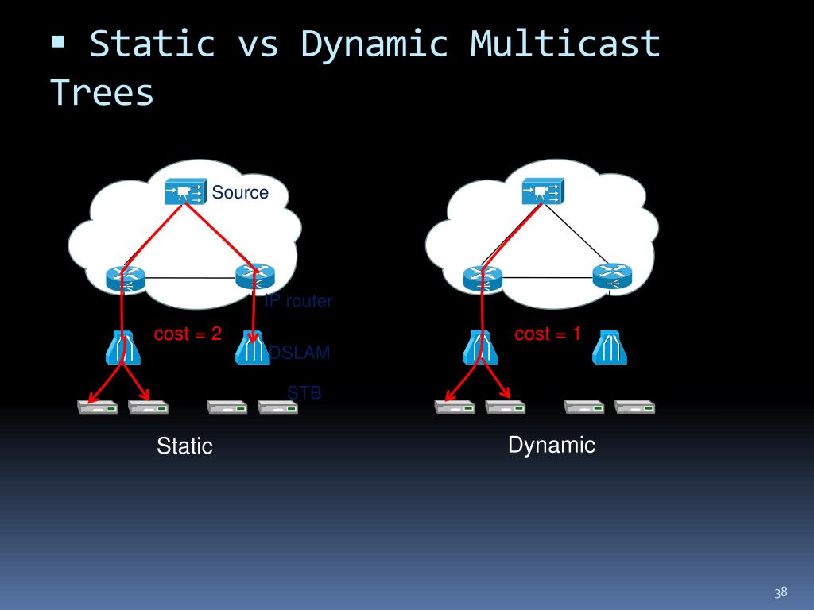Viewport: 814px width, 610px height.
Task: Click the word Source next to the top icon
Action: pyautogui.click(x=240, y=192)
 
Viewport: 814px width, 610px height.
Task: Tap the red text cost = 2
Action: pyautogui.click(x=188, y=334)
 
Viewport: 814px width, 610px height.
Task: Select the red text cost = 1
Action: pyautogui.click(x=548, y=334)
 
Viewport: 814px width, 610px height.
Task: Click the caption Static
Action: pyautogui.click(x=184, y=446)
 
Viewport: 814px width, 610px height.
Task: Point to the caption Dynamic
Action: pyautogui.click(x=552, y=445)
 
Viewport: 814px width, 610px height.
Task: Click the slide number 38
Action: pyautogui.click(x=781, y=593)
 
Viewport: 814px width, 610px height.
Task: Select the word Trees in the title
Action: pyautogui.click(x=102, y=92)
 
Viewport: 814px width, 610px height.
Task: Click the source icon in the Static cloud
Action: pyautogui.click(x=185, y=191)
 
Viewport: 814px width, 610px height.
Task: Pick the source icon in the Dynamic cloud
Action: pyautogui.click(x=542, y=191)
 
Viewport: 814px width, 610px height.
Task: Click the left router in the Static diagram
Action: pyautogui.click(x=126, y=277)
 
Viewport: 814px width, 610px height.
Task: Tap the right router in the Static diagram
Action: pyautogui.click(x=255, y=276)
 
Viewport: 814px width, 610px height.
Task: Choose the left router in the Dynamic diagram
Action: pyautogui.click(x=483, y=277)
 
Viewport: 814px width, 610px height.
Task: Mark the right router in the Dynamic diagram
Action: pyautogui.click(x=611, y=276)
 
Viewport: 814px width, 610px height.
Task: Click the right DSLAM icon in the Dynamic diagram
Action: pyautogui.click(x=610, y=347)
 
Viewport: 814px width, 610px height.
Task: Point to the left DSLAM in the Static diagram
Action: pyautogui.click(x=123, y=347)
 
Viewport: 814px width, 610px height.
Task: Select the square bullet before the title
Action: pyautogui.click(x=58, y=41)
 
